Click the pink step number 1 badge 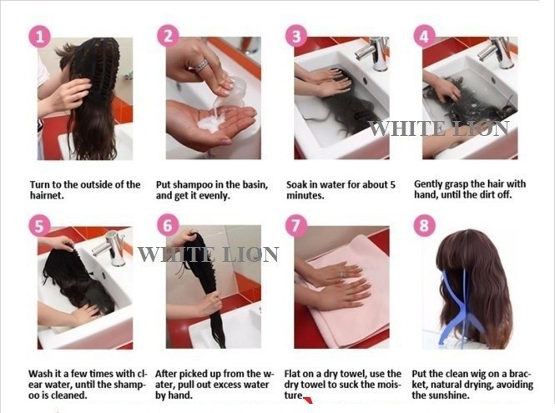click(x=40, y=37)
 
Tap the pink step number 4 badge click(x=424, y=36)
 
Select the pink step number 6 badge click(x=168, y=225)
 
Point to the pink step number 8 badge click(x=424, y=225)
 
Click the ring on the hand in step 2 click(x=201, y=66)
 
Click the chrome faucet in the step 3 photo click(x=375, y=53)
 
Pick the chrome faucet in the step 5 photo click(x=110, y=248)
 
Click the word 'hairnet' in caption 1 click(x=46, y=195)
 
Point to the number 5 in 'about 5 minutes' click(x=392, y=184)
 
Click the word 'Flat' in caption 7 click(x=293, y=374)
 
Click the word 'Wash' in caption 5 click(x=40, y=374)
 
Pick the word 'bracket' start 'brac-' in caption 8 click(x=521, y=374)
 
